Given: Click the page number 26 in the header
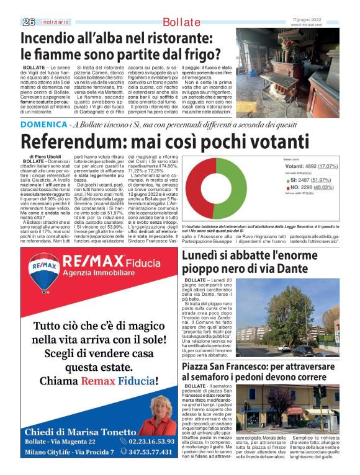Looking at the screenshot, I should (x=28, y=22).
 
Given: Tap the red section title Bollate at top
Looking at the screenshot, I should (x=181, y=22).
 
